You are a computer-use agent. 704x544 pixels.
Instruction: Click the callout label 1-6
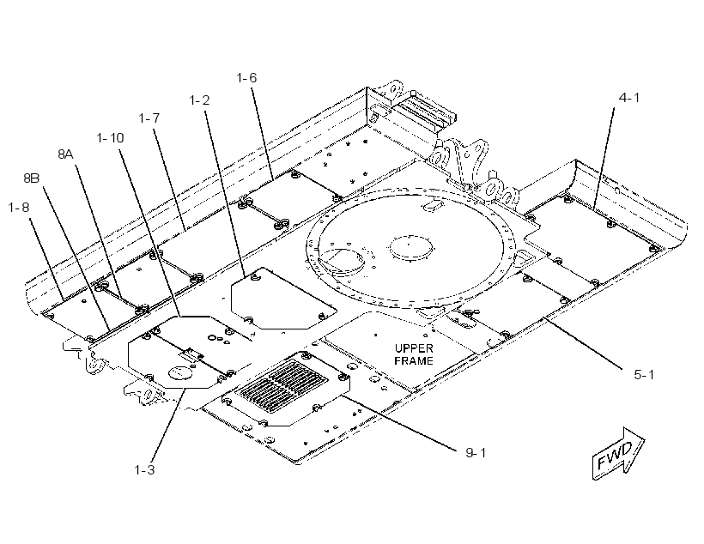point(246,78)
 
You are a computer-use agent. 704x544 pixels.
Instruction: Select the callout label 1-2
point(199,100)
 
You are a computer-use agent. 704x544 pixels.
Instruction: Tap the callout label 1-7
point(149,118)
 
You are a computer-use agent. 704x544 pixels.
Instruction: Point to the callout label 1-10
point(110,138)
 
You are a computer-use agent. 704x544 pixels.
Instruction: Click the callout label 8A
point(65,154)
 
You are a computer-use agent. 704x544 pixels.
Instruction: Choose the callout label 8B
point(32,178)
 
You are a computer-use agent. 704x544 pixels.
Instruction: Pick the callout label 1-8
point(18,208)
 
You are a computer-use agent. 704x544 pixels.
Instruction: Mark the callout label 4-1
point(629,98)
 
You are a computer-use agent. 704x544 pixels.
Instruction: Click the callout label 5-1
point(644,375)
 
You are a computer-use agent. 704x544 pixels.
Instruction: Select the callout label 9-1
point(476,453)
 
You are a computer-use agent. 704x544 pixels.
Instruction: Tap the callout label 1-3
point(144,470)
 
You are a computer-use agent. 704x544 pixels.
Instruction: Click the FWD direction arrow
point(618,453)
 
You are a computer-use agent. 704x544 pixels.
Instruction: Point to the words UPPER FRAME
point(414,354)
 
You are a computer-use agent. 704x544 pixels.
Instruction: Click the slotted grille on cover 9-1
point(282,381)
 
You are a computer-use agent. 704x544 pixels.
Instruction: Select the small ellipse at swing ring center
point(412,247)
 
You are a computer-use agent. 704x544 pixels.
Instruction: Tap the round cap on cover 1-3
point(180,373)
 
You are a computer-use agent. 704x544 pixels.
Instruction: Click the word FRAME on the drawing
point(414,361)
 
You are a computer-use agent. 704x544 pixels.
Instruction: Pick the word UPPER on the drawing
point(414,348)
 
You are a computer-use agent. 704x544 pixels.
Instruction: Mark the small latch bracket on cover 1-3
point(191,354)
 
